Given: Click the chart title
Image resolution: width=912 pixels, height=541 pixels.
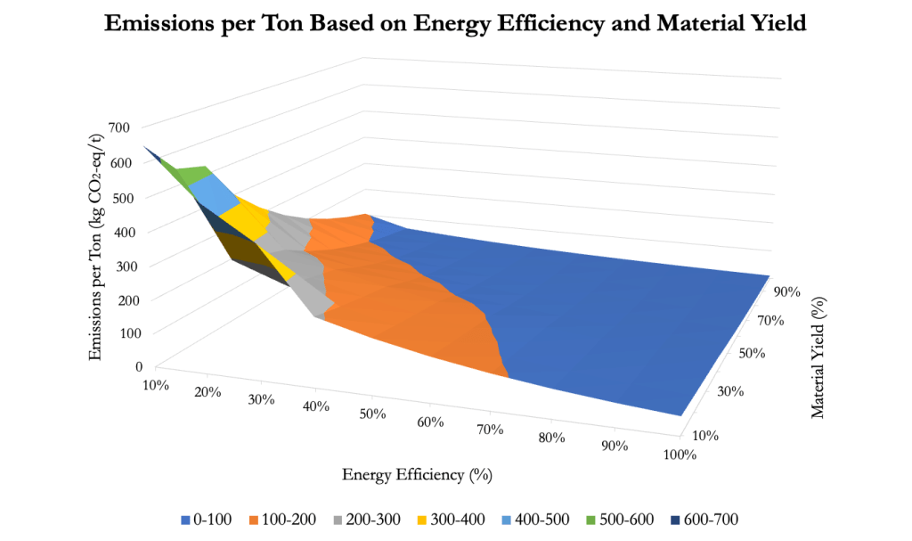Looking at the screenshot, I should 455,24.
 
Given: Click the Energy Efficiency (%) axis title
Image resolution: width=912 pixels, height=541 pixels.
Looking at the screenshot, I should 417,474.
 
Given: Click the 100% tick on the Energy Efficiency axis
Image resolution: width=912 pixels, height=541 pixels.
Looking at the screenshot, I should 680,455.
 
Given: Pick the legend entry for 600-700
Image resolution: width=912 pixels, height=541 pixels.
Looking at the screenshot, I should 704,519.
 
